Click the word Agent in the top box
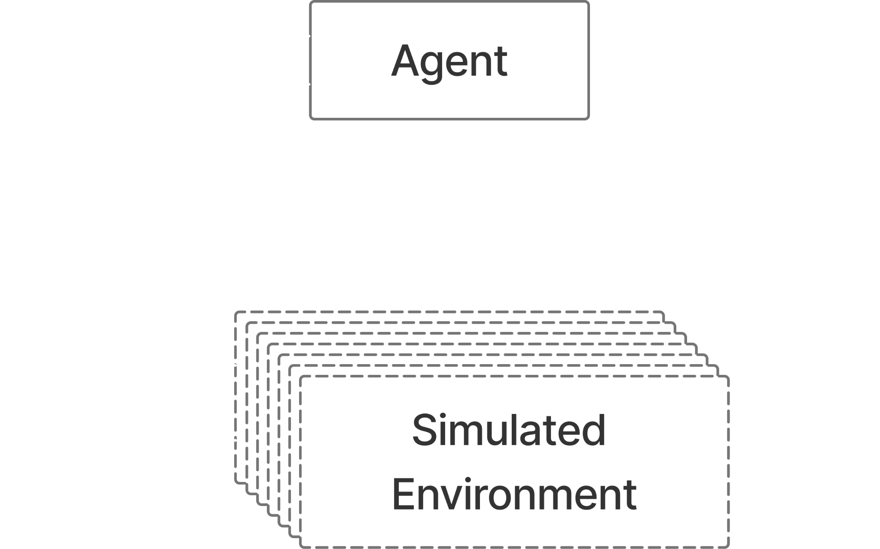point(449,61)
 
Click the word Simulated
point(509,430)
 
